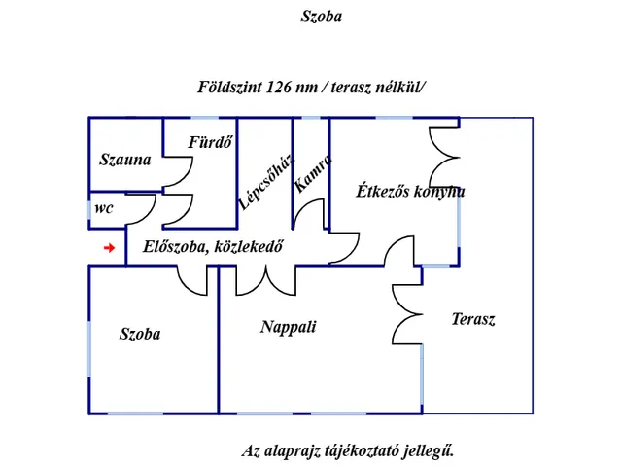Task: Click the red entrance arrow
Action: tap(109, 248)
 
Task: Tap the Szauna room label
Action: tap(125, 160)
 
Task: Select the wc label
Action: tap(104, 208)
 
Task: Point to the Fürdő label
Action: tap(210, 142)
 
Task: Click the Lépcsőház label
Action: tap(266, 182)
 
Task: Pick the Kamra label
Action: tap(313, 173)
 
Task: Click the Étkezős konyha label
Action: tap(410, 192)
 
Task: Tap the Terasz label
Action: tap(473, 319)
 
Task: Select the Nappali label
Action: tap(289, 327)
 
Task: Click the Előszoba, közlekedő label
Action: tap(213, 246)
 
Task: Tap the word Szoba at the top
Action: tap(322, 17)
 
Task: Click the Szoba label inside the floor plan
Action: tap(140, 334)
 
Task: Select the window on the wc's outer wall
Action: tap(89, 210)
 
